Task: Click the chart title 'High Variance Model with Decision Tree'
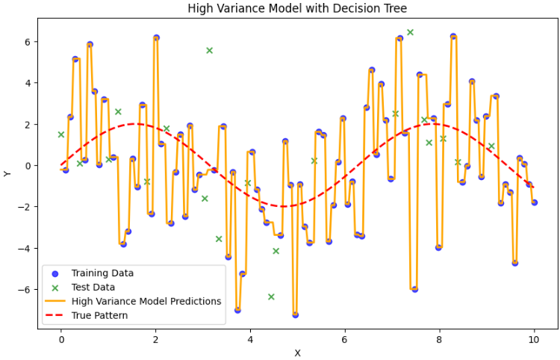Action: coord(297,9)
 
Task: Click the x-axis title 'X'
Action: coord(297,353)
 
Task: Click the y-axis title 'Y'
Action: coord(7,173)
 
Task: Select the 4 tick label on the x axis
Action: coord(250,340)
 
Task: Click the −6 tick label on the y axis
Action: coord(22,289)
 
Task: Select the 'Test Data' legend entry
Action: coord(93,287)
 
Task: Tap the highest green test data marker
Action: coord(410,32)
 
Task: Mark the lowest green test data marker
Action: coord(271,297)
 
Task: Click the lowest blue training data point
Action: coord(295,314)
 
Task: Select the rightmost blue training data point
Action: coord(534,202)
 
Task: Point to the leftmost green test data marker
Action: coord(61,134)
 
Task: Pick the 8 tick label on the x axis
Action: coord(439,340)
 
